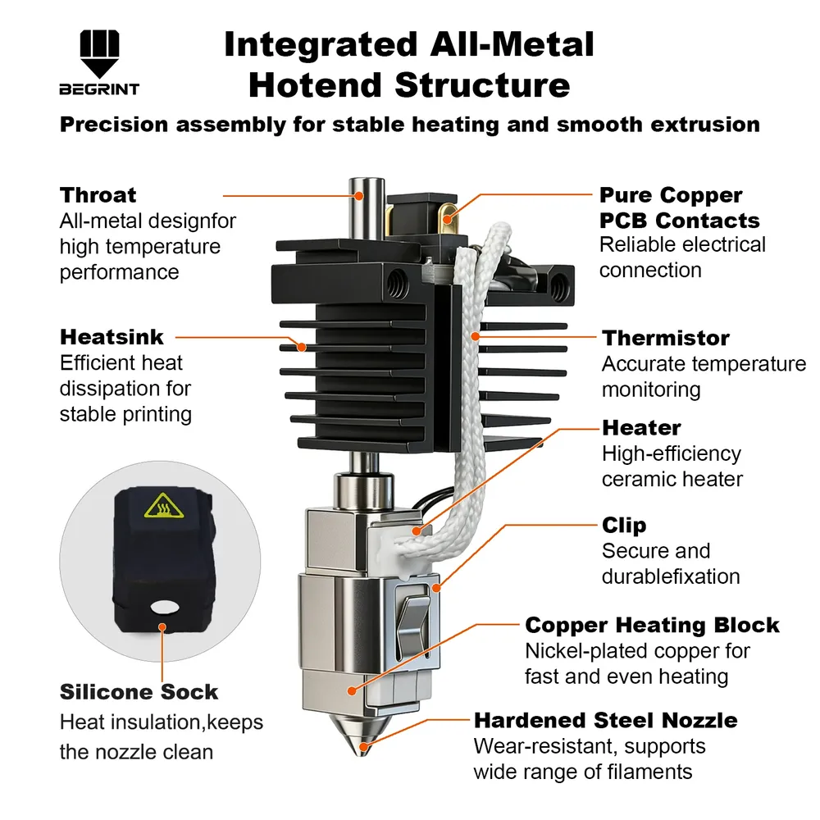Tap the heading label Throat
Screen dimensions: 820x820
(98, 195)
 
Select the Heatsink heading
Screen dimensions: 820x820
(112, 337)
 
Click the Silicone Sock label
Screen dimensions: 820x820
(139, 691)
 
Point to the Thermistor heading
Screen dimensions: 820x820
(665, 338)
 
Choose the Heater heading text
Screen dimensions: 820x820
(641, 427)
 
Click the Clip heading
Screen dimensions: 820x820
(624, 526)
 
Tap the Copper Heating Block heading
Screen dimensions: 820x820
(652, 625)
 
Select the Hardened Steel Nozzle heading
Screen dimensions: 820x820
(606, 720)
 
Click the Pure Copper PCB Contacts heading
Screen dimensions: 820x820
(679, 207)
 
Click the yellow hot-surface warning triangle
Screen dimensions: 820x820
(164, 506)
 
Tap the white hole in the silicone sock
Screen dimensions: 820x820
(164, 607)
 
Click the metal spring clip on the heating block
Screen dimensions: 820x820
(414, 623)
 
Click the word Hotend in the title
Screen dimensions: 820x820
(316, 85)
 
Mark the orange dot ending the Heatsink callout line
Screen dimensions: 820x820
(302, 347)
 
